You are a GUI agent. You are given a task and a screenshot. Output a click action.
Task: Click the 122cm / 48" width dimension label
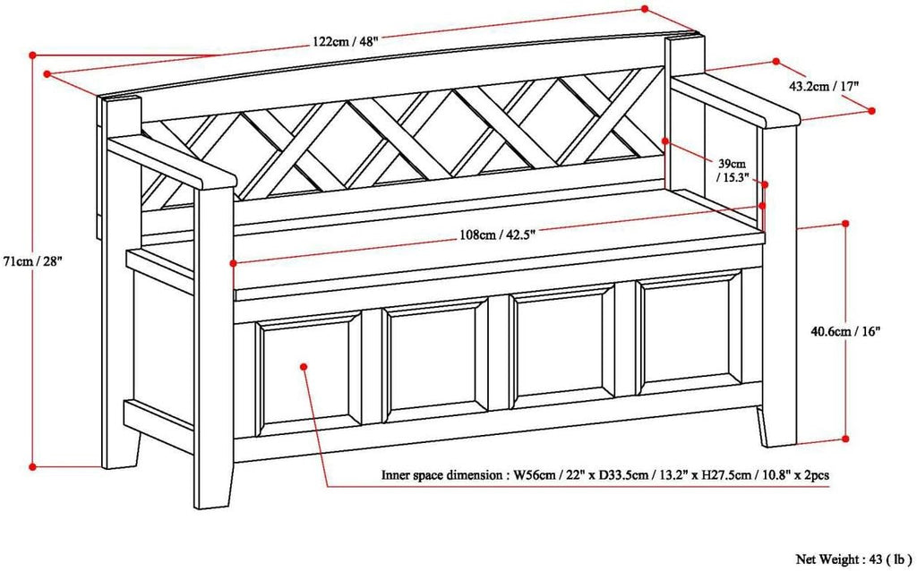(345, 41)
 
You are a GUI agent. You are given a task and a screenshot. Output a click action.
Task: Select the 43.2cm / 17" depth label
(824, 86)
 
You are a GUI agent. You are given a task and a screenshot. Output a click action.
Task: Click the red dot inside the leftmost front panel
(304, 366)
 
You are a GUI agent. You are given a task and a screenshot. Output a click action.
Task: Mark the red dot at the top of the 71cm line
(33, 55)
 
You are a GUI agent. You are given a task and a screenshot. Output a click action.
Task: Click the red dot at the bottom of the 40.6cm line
(845, 439)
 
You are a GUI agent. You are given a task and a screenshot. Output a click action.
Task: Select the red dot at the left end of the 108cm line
(234, 264)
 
